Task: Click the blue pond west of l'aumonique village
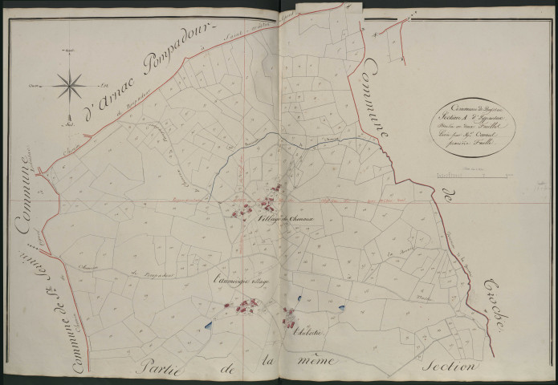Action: tap(210, 326)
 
